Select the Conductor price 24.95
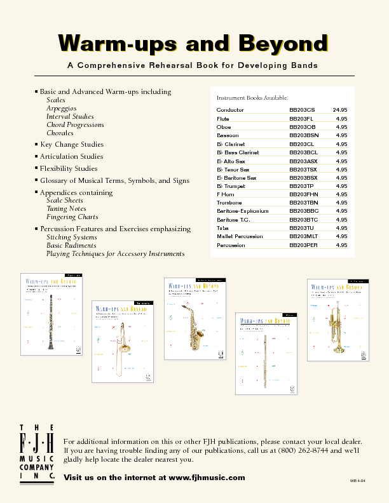coord(339,110)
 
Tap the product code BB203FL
coord(301,119)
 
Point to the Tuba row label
coord(222,227)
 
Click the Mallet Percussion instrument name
coord(239,236)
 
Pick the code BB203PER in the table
coord(303,245)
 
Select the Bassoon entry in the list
coord(228,135)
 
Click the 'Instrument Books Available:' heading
coord(252,98)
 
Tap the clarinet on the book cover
coord(50,320)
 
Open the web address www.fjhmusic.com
coord(206,477)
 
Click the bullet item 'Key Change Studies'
coord(72,144)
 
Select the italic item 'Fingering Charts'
coord(72,217)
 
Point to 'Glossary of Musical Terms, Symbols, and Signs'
coord(114,180)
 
